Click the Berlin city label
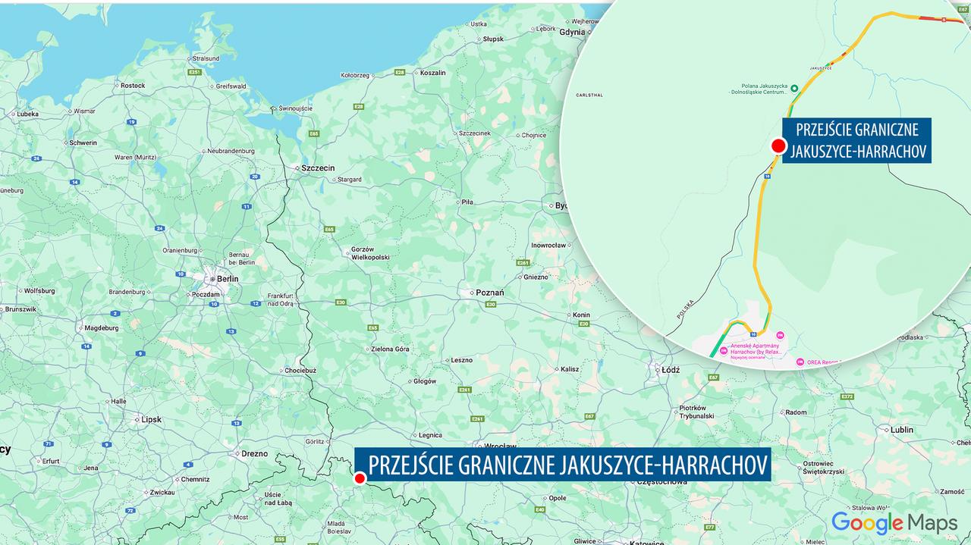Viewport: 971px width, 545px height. point(227,278)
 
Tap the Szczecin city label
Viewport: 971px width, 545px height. point(318,168)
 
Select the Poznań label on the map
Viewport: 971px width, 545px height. point(489,293)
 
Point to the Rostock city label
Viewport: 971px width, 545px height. point(133,86)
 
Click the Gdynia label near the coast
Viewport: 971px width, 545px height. point(571,33)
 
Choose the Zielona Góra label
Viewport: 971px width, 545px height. point(391,349)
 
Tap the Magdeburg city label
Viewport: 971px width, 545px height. point(102,328)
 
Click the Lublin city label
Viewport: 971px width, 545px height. point(902,430)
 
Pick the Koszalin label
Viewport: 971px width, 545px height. point(432,73)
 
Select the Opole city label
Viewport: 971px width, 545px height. point(558,498)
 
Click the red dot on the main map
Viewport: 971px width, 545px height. point(360,478)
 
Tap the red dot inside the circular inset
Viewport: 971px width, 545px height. point(778,146)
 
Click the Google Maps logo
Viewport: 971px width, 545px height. point(893,522)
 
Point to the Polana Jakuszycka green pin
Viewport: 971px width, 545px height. point(794,89)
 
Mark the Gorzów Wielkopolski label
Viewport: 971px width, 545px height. point(369,253)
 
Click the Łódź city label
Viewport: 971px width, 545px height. point(670,370)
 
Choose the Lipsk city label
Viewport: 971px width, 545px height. point(151,419)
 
